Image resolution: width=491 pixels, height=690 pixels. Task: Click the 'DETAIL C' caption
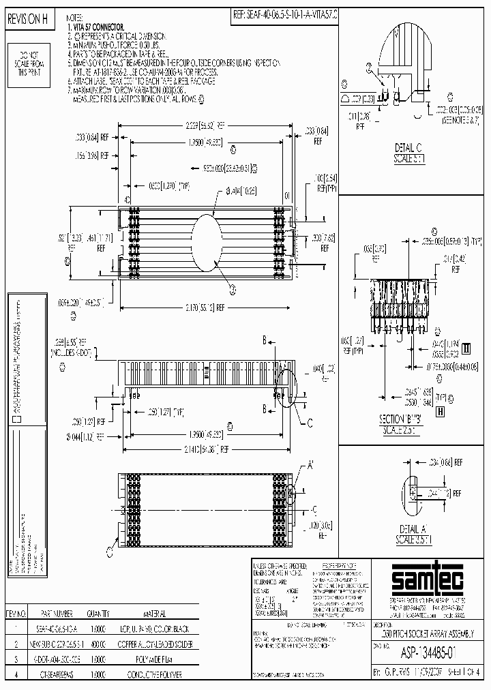coord(409,147)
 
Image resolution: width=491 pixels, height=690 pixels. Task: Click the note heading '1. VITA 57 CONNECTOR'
coord(99,24)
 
